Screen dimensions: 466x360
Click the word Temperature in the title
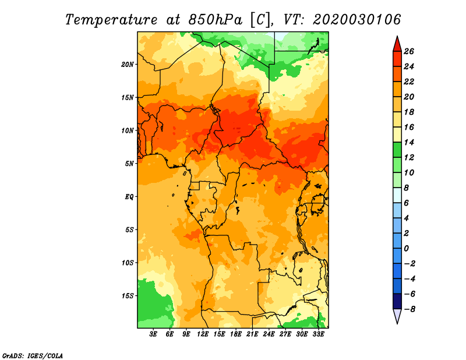[x=111, y=20]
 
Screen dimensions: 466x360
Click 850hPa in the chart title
[x=215, y=20]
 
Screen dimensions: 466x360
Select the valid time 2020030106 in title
[x=357, y=20]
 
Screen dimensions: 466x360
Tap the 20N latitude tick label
[x=128, y=65]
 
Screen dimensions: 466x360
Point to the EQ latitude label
[x=129, y=197]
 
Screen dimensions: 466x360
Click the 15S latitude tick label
[x=128, y=296]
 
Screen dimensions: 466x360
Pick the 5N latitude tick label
[x=129, y=164]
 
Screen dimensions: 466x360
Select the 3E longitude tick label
[x=153, y=334]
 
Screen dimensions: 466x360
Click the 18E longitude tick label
[x=236, y=334]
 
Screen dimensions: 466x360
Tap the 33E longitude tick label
[x=318, y=334]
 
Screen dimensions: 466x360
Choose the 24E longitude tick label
[x=269, y=334]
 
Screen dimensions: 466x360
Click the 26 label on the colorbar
[x=409, y=52]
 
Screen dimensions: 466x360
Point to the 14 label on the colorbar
[x=409, y=142]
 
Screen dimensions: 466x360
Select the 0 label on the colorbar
[x=406, y=249]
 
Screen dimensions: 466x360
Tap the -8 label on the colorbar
[x=409, y=309]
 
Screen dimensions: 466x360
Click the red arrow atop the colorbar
[x=397, y=44]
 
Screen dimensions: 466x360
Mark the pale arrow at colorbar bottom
[x=397, y=316]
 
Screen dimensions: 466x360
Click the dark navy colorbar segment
[x=397, y=301]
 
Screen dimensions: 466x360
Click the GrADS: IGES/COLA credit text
[x=33, y=355]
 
